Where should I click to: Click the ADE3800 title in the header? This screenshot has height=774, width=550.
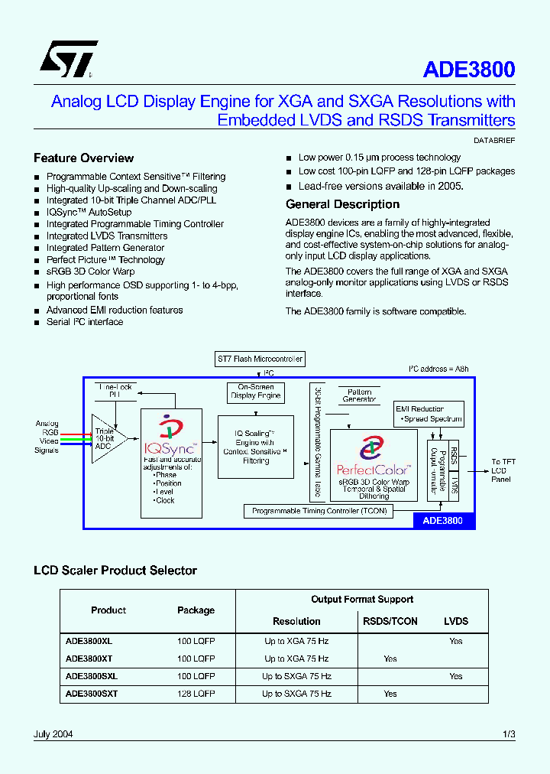point(468,70)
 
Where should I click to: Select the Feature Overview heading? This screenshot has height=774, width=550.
point(83,158)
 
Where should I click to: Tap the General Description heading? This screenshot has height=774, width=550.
point(342,204)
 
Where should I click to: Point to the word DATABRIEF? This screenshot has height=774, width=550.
point(494,141)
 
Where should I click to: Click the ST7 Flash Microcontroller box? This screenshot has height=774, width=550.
point(260,358)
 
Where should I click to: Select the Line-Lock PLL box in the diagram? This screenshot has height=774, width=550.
point(115,391)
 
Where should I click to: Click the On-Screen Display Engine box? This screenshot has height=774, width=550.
point(256,392)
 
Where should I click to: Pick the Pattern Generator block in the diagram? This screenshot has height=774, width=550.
point(359,395)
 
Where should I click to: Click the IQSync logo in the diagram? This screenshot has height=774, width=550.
point(169,436)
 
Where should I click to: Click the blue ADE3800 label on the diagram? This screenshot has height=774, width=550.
point(443,521)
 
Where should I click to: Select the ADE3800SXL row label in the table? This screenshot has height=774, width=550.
point(92,676)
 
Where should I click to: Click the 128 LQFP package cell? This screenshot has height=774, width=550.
point(196,694)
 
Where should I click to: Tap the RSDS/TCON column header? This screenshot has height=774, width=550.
point(390,621)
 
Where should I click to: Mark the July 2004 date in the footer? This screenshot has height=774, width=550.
point(53,734)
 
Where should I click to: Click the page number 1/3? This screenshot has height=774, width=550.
point(509,734)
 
